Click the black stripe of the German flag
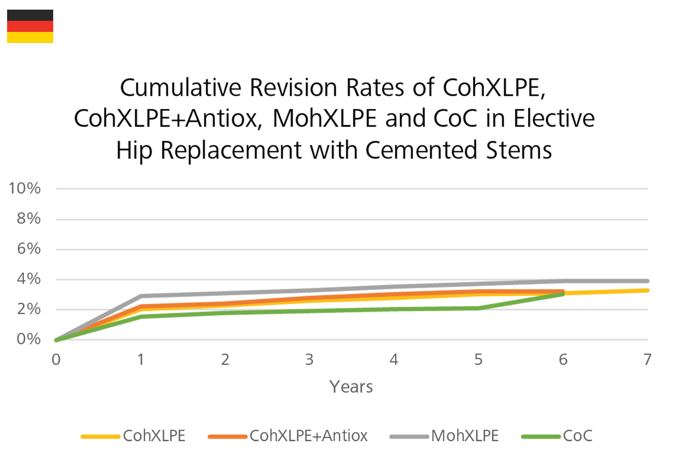pos(30,15)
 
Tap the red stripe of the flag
pos(30,26)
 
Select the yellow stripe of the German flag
pos(30,37)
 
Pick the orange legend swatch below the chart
pos(223,418)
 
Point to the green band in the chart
pos(304,317)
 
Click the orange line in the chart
pos(355,294)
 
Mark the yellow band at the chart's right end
pos(608,293)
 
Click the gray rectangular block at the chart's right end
pos(603,272)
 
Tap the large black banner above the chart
pos(329,101)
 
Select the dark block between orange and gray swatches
pos(314,405)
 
